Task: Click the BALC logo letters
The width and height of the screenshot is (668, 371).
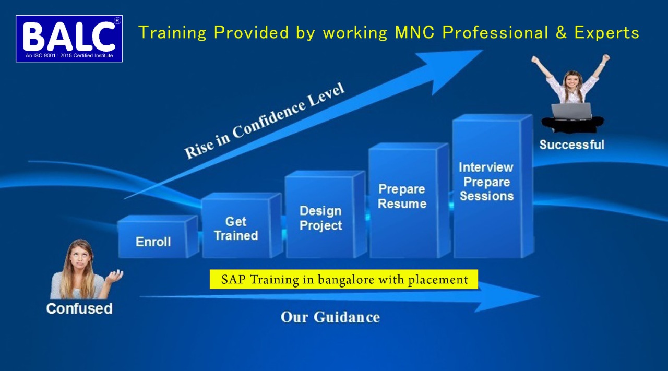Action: (x=68, y=36)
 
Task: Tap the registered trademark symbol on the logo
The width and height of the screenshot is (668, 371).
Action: (x=117, y=20)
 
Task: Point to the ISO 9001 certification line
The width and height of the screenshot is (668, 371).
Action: (x=69, y=56)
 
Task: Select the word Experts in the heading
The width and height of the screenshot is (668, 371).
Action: (x=606, y=33)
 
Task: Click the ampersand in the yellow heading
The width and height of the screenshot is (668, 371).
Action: (x=560, y=32)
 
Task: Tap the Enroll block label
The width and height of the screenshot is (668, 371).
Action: (x=153, y=242)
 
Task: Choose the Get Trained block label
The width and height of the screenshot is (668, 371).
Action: (x=236, y=229)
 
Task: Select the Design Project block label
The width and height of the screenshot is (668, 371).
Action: (x=320, y=218)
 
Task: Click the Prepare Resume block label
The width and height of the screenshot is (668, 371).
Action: (x=402, y=197)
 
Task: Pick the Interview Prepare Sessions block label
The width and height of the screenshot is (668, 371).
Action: (x=486, y=182)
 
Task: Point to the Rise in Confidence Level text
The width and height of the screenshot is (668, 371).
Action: (x=264, y=121)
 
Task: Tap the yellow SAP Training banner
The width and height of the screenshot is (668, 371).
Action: (x=344, y=280)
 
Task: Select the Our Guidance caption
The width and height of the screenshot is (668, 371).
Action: (x=330, y=317)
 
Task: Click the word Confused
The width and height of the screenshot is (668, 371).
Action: (x=79, y=309)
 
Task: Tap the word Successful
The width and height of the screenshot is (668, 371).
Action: (x=571, y=145)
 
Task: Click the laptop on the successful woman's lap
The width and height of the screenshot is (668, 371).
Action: (x=571, y=111)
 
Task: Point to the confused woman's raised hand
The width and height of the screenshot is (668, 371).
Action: (x=115, y=276)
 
